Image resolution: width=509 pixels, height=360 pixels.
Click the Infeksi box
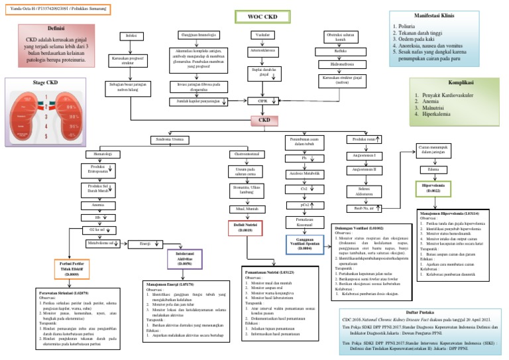tap(131, 34)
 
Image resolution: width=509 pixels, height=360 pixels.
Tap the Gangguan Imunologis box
tap(199, 34)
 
